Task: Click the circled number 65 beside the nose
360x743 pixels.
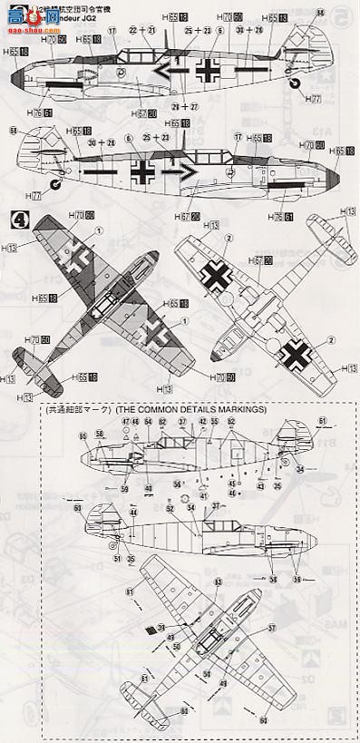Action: pos(83,437)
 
